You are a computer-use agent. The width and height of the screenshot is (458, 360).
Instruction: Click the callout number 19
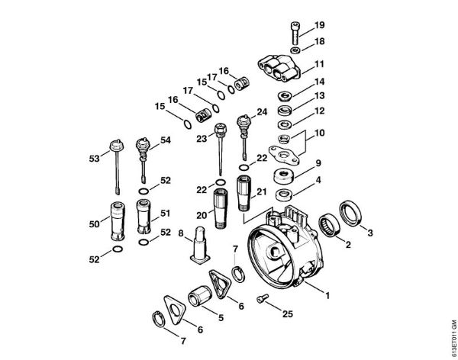point(320,24)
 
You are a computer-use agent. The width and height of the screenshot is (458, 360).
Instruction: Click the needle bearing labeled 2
point(330,226)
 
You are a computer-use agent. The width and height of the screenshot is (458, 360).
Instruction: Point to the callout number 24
point(262,112)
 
